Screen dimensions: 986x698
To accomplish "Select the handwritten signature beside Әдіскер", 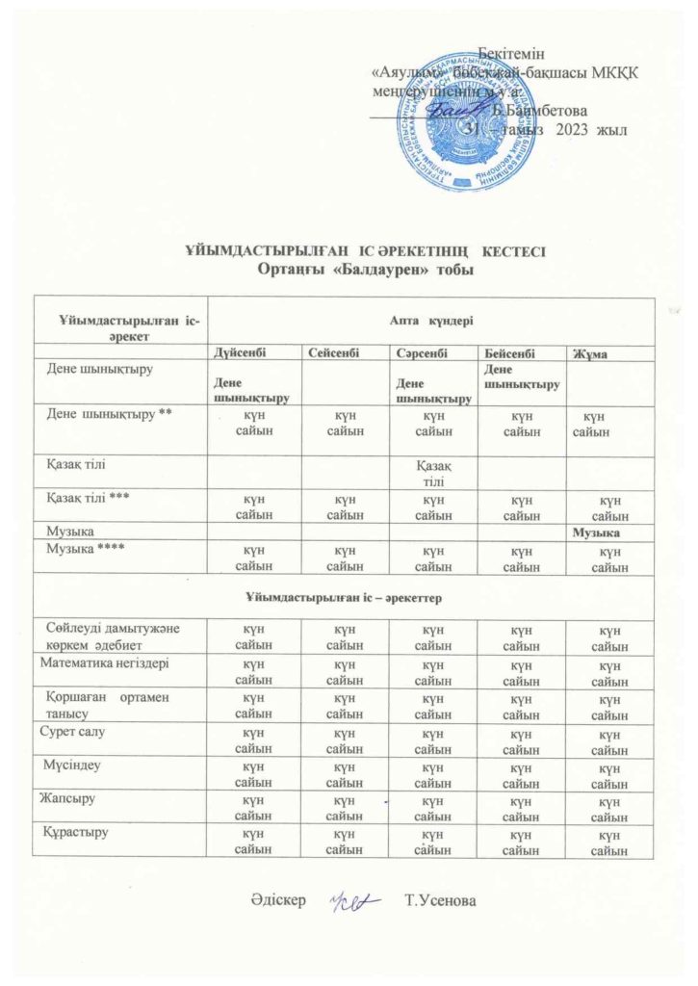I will pos(354,901).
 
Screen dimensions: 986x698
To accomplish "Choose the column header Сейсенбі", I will pos(334,354).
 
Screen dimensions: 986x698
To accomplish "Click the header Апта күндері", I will pos(430,318).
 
